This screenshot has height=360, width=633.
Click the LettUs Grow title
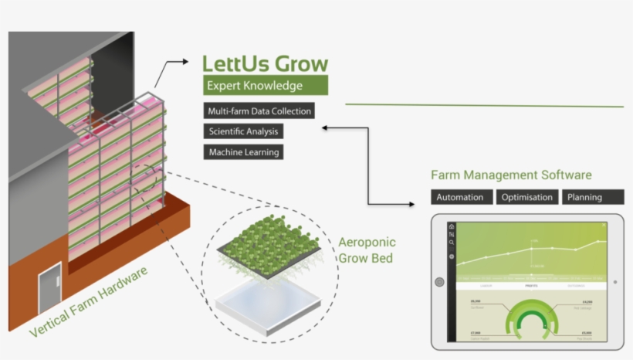pyautogui.click(x=265, y=63)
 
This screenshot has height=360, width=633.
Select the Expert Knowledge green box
pyautogui.click(x=266, y=86)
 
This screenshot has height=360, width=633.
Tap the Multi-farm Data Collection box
pyautogui.click(x=259, y=110)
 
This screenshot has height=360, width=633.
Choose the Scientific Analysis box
pyautogui.click(x=243, y=131)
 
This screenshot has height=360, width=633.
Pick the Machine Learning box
pyautogui.click(x=243, y=152)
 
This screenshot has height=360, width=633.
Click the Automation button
pyautogui.click(x=460, y=197)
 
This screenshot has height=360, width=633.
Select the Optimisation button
pyautogui.click(x=526, y=197)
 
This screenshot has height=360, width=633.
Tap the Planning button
pyautogui.click(x=592, y=197)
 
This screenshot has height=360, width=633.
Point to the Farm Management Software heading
pyautogui.click(x=511, y=175)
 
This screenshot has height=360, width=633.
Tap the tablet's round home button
pyautogui.click(x=439, y=282)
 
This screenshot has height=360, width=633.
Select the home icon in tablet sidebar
pyautogui.click(x=452, y=226)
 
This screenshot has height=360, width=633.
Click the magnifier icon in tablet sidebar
pyautogui.click(x=452, y=243)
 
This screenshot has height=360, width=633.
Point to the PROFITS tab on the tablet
pyautogui.click(x=531, y=285)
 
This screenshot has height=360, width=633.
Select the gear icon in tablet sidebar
pyautogui.click(x=452, y=255)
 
